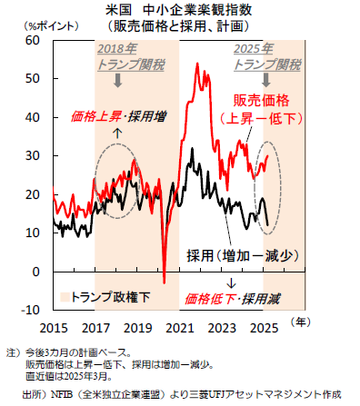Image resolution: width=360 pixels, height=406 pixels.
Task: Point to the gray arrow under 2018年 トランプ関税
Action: point(119,81)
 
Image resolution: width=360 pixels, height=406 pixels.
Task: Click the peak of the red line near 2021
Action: point(196,64)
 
